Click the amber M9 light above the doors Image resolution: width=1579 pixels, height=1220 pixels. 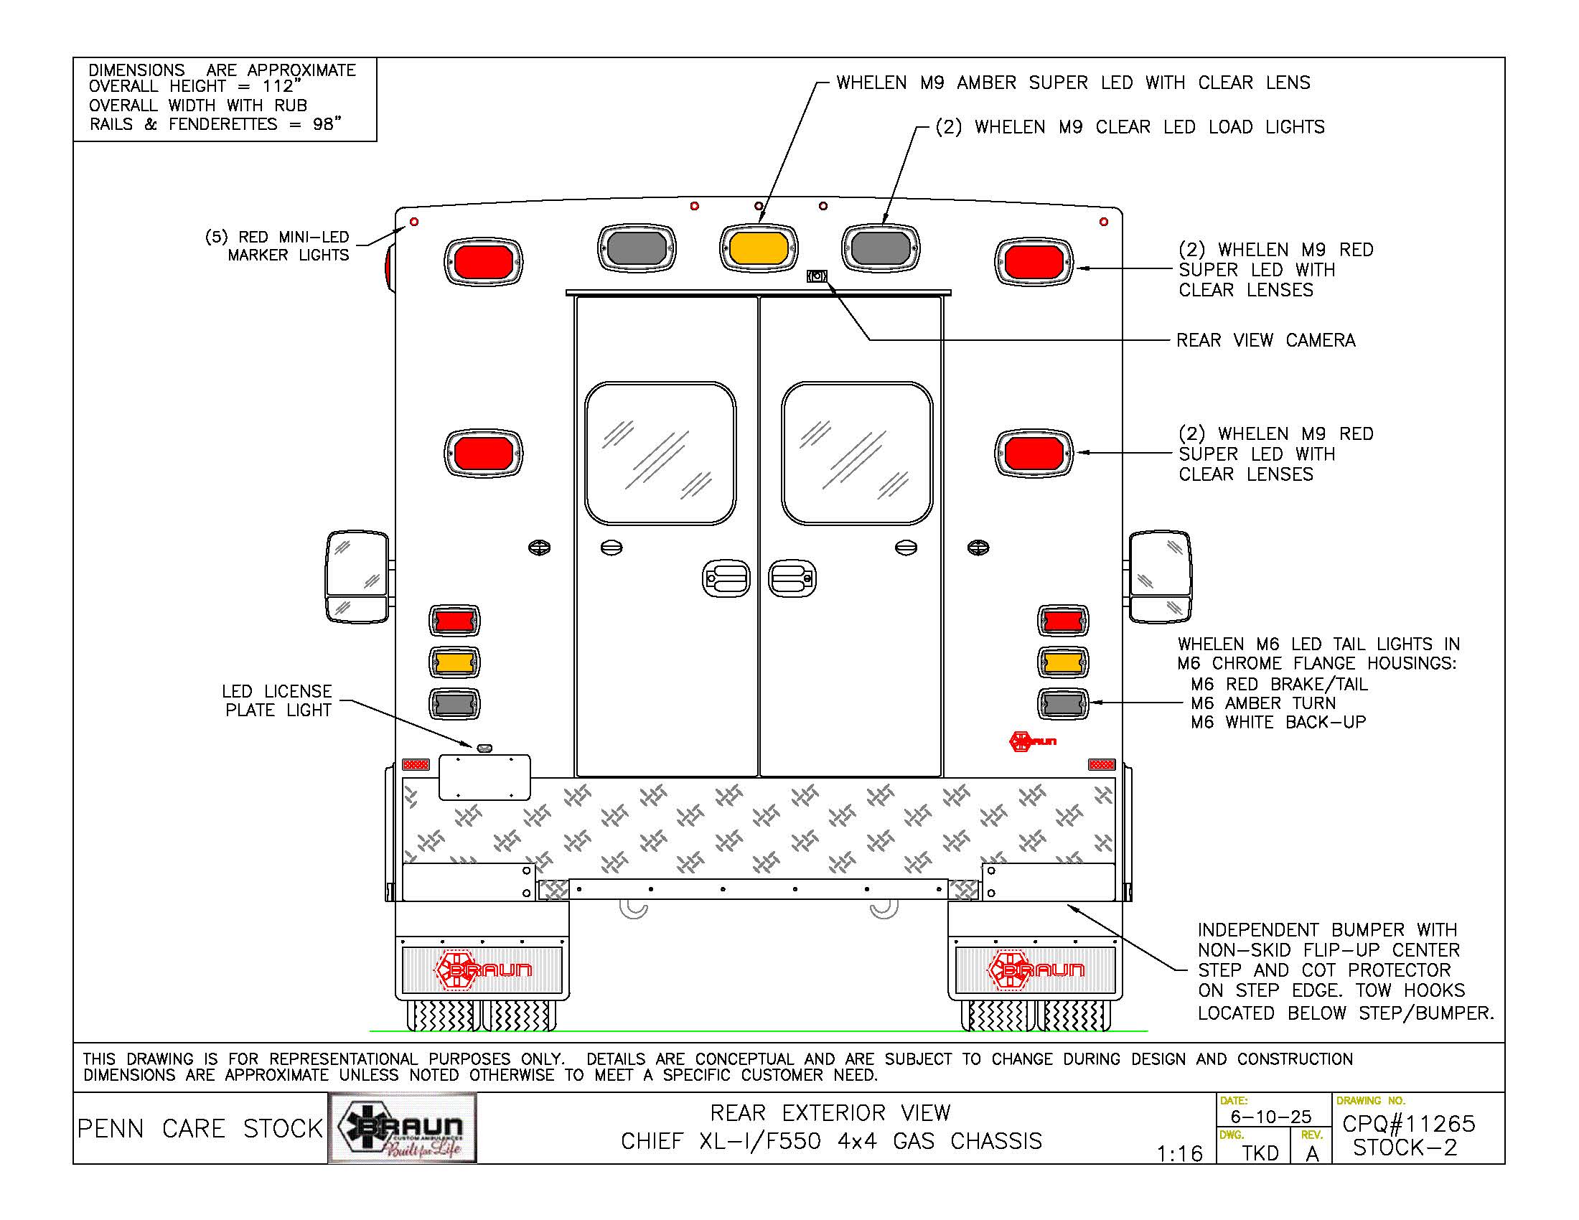[759, 248]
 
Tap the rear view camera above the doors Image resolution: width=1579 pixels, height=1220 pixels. [817, 276]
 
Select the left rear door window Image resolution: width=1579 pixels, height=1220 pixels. [660, 453]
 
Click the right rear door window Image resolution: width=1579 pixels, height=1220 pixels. [858, 453]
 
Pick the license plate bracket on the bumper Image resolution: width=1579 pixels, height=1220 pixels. [484, 777]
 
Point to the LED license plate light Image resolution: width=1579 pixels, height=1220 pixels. [484, 748]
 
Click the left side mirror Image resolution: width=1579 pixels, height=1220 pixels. [358, 577]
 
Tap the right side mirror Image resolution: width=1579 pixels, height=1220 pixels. [1160, 577]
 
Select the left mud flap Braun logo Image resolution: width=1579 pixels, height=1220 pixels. [483, 970]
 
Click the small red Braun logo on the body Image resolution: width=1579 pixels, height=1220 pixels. [1032, 741]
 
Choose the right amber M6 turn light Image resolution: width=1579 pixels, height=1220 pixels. [1063, 662]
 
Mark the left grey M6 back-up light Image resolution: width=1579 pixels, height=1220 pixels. [454, 704]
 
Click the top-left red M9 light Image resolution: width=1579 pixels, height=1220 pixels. [483, 261]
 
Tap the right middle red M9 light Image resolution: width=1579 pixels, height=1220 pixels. [1034, 453]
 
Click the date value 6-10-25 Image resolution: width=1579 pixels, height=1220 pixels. [1271, 1117]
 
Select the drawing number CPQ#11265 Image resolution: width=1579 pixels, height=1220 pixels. [1408, 1124]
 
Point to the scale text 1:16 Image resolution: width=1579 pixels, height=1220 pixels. [1179, 1153]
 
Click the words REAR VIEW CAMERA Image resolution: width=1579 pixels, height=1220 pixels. [1265, 340]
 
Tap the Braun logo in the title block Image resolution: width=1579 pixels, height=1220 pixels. [403, 1128]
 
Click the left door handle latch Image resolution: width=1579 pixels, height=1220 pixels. [726, 579]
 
